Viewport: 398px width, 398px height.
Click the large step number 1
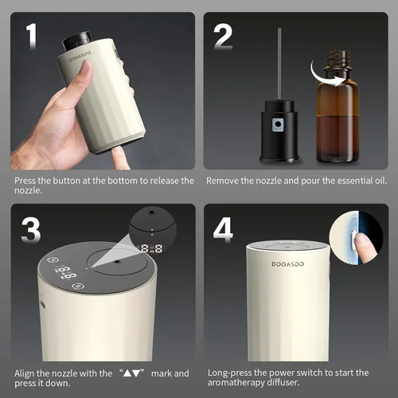(32, 36)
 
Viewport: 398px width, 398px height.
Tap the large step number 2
(223, 37)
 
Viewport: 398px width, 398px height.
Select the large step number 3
(31, 230)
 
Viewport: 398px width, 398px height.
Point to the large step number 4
(223, 230)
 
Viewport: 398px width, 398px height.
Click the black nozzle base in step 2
(279, 131)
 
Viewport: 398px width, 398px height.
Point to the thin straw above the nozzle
(279, 64)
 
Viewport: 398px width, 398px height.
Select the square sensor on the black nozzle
(278, 125)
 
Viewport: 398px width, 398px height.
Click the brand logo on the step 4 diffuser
(288, 264)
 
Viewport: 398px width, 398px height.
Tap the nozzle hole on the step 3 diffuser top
(117, 262)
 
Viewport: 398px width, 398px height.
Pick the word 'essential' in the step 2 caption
(349, 181)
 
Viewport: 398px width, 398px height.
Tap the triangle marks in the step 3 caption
(131, 373)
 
